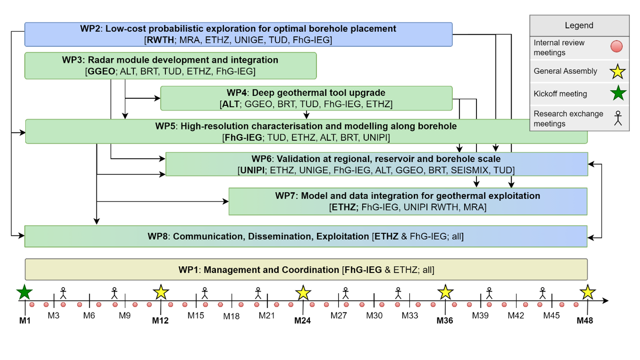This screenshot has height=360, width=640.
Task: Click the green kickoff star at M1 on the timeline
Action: [x=24, y=292]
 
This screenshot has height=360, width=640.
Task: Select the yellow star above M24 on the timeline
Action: [x=303, y=293]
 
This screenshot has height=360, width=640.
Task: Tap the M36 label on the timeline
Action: [x=445, y=320]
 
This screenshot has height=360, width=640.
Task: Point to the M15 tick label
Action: [x=196, y=316]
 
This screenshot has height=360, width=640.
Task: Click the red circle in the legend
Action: [x=616, y=47]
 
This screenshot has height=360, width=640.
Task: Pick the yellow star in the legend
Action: [x=618, y=72]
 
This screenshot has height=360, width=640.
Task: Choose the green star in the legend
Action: [x=618, y=93]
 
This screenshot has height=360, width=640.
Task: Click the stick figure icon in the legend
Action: [x=618, y=118]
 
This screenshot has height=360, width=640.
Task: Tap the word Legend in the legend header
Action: [x=579, y=25]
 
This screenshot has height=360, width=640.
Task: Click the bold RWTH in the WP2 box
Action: [x=160, y=40]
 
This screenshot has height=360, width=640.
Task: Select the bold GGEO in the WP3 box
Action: [x=101, y=71]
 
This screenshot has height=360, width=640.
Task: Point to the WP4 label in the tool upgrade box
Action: [x=236, y=93]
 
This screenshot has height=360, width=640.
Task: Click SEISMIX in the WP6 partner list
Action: [x=469, y=170]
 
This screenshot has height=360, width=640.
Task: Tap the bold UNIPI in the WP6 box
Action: [x=252, y=170]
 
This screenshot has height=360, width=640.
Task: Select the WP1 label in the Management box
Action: [x=188, y=270]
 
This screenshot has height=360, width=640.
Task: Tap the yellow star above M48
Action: [x=588, y=292]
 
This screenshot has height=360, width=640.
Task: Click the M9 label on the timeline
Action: [x=124, y=316]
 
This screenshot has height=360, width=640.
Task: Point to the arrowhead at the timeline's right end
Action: [x=605, y=300]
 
